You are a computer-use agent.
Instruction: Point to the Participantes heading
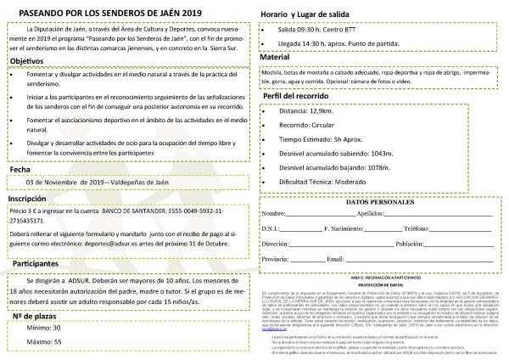(35, 265)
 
